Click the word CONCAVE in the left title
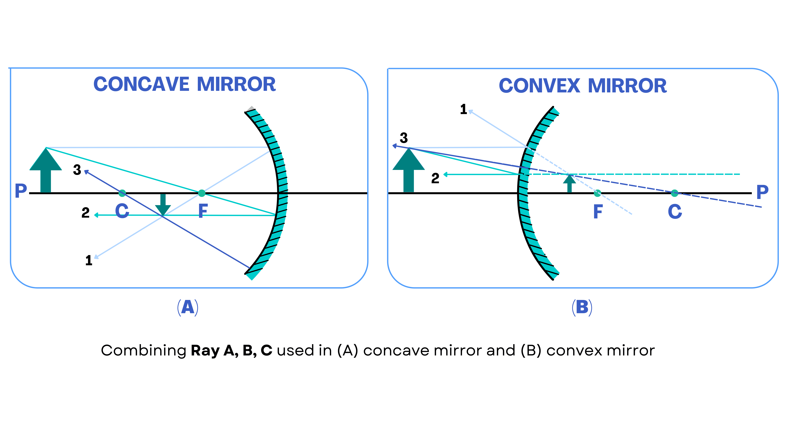click(x=141, y=84)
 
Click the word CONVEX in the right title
click(x=539, y=86)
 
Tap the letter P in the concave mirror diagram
click(x=21, y=191)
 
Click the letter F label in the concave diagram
click(x=203, y=211)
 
